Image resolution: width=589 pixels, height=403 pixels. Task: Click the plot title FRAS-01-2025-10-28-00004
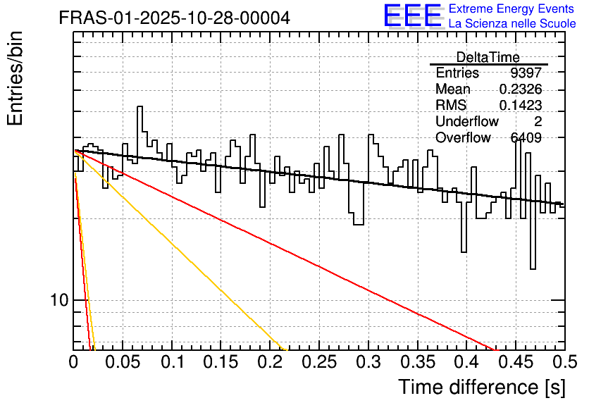click(174, 18)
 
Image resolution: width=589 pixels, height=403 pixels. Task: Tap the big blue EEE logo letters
click(413, 15)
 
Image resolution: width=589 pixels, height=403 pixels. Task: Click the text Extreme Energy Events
click(512, 8)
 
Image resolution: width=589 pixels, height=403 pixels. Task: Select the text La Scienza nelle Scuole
click(512, 23)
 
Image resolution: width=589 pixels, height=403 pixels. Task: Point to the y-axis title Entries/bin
click(15, 78)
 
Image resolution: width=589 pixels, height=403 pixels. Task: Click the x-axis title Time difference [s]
click(482, 387)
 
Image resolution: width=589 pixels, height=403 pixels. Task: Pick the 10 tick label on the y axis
click(59, 299)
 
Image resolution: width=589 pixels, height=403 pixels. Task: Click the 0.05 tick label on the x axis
click(123, 362)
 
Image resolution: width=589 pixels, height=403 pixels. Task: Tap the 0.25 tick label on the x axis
click(319, 362)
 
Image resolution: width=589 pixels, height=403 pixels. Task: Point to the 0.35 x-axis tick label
click(418, 362)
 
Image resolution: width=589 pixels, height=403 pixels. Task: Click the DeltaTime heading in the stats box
click(488, 57)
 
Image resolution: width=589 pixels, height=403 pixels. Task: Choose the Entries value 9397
click(526, 73)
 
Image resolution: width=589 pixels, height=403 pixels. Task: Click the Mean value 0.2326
click(520, 89)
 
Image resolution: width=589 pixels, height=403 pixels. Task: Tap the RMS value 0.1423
click(520, 105)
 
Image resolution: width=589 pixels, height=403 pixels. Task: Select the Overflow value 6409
click(526, 137)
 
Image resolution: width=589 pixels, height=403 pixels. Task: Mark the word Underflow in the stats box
click(467, 121)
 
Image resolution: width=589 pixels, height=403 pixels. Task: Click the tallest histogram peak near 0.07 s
click(139, 106)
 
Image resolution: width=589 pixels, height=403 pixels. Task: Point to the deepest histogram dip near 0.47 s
click(533, 268)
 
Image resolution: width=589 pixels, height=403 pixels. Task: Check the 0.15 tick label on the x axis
click(221, 362)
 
